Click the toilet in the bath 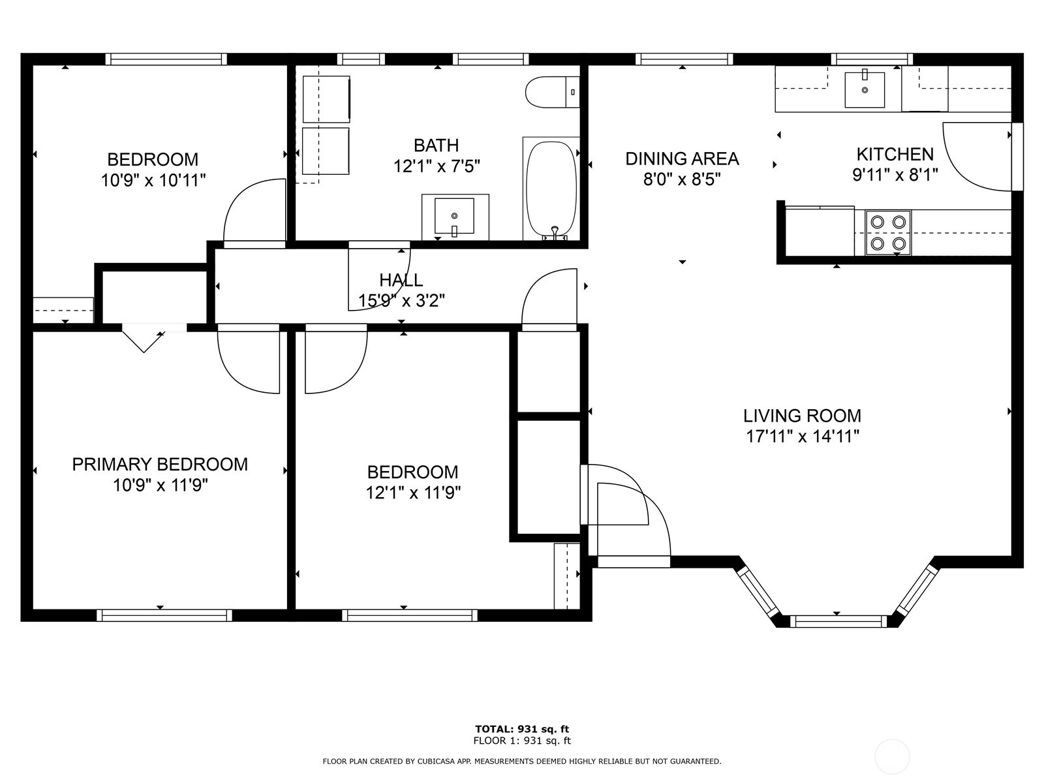coord(553,92)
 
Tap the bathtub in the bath coord(552,189)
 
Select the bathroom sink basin coord(455,217)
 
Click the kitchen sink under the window coord(865,90)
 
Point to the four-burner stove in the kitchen coord(888,232)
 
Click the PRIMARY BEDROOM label coord(160,464)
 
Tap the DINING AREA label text coord(682,159)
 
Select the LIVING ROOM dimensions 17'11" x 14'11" coord(803,436)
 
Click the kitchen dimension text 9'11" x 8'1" coord(895,175)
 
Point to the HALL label coord(401,280)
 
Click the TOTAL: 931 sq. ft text coord(522,729)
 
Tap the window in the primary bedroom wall coord(164,615)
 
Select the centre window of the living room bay coord(838,621)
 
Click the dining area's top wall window coord(684,59)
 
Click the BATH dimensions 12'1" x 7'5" coord(436,166)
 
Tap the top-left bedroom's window coord(166,59)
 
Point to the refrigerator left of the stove coord(820,232)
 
